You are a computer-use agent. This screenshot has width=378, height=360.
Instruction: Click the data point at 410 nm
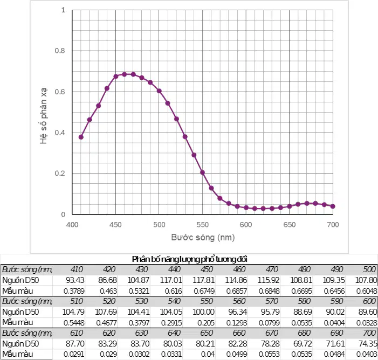[81, 137]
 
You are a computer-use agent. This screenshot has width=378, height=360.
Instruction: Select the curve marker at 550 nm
[203, 172]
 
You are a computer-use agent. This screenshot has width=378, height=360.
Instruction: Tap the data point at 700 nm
[333, 206]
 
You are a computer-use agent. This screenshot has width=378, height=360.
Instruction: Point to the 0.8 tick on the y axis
[60, 51]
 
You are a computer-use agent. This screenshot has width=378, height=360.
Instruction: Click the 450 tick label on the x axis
[115, 225]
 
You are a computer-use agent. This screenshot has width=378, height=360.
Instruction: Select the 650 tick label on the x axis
[289, 225]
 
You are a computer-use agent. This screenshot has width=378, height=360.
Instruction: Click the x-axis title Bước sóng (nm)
[203, 238]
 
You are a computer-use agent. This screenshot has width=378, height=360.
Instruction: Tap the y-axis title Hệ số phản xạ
[43, 116]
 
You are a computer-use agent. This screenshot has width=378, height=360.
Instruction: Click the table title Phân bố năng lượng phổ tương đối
[189, 259]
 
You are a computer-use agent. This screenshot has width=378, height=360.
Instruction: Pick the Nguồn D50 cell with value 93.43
[75, 280]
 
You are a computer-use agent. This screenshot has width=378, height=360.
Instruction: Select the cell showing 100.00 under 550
[203, 312]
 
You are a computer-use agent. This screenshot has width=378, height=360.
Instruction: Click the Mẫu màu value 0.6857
[237, 291]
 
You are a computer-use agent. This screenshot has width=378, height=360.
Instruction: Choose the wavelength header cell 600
[369, 301]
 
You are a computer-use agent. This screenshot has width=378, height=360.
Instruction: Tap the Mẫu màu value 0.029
[108, 354]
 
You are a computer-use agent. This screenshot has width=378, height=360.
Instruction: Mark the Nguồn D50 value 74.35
[368, 344]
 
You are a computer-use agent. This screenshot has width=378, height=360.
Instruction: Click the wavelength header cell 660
[239, 333]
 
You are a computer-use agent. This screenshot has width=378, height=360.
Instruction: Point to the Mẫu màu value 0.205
[205, 323]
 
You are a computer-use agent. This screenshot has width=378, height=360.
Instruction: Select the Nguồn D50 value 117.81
[203, 280]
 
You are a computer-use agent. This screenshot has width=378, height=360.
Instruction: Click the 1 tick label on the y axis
[63, 10]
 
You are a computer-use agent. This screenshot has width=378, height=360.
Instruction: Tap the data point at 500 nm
[159, 91]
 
